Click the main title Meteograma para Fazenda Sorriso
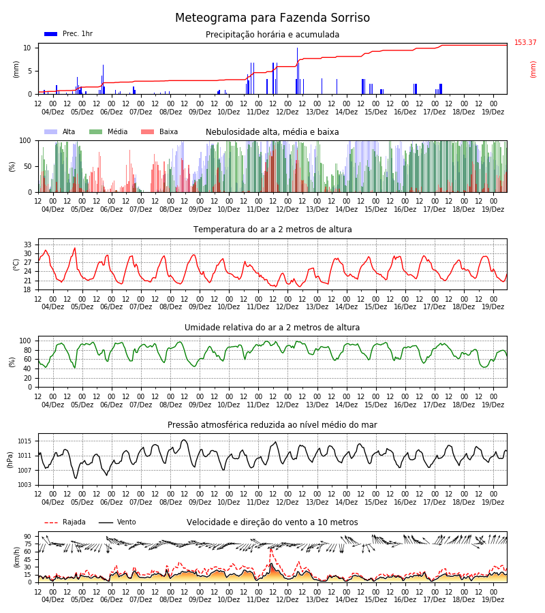(272, 18)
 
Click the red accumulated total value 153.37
(525, 42)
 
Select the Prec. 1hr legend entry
(68, 33)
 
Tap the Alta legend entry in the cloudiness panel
(60, 131)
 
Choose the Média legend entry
(108, 131)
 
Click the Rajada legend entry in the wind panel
(65, 522)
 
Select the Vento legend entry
(117, 522)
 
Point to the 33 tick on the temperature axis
(28, 245)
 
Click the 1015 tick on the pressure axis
(25, 441)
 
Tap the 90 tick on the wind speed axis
(28, 537)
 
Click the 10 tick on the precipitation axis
(27, 48)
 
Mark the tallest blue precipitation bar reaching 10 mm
(297, 71)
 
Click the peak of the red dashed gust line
(271, 549)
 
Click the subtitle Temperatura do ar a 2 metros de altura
(272, 230)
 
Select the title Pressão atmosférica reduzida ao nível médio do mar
(272, 424)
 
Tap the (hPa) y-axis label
(10, 460)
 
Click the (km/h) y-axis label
(16, 557)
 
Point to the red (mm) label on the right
(533, 69)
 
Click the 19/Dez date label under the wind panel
(493, 599)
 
